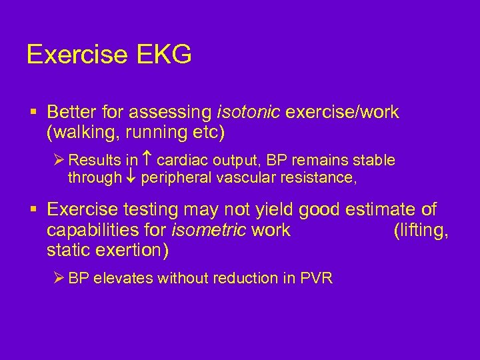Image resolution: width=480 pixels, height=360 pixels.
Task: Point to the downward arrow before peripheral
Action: point(131,178)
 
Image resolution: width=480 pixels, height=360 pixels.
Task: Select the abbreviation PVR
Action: point(317,278)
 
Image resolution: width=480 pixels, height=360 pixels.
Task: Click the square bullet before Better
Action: point(33,112)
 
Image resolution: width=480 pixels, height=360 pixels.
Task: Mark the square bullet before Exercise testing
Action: point(33,210)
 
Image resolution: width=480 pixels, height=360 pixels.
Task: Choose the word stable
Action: point(375,161)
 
